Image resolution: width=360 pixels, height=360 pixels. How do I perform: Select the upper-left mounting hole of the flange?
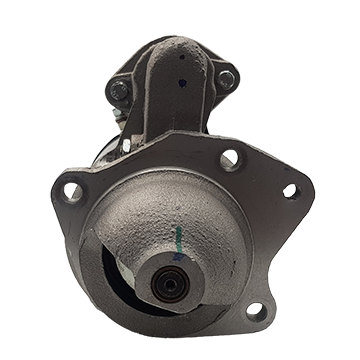click(x=73, y=189)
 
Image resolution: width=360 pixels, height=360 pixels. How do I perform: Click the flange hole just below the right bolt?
click(x=228, y=157)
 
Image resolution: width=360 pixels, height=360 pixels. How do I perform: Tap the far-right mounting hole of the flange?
click(x=290, y=190)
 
